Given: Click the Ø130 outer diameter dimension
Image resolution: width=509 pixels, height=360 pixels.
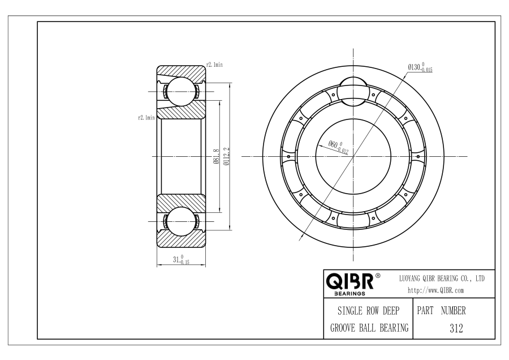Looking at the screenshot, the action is (x=420, y=67).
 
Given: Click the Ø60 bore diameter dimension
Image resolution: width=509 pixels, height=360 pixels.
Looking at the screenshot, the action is (x=338, y=147).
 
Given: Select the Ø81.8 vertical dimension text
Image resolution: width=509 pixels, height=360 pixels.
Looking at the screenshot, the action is (x=217, y=156).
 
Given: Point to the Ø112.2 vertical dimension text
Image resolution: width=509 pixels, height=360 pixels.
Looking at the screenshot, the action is (x=227, y=156).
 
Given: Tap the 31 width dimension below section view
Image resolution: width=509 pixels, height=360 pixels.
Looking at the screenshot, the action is (x=181, y=259).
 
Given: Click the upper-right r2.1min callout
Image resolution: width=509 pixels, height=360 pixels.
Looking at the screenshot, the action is (x=214, y=65).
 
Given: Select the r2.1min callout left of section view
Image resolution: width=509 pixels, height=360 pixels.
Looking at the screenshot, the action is (x=146, y=118).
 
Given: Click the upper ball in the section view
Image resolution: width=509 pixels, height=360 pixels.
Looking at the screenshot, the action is (x=181, y=92).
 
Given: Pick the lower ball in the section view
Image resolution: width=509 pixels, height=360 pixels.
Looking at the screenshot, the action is (x=181, y=221).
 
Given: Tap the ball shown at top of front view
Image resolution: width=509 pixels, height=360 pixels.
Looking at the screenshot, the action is (x=353, y=91).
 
